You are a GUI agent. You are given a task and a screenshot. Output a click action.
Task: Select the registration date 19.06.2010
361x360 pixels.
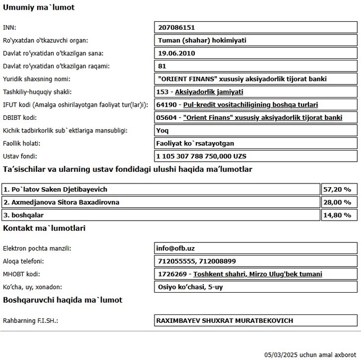(x=177, y=54)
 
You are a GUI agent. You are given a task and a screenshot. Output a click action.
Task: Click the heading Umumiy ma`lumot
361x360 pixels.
(x=39, y=7)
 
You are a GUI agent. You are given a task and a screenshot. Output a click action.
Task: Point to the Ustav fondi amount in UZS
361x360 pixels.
(x=202, y=156)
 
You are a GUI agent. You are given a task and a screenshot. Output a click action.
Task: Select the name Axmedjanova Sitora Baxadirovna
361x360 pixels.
(x=61, y=202)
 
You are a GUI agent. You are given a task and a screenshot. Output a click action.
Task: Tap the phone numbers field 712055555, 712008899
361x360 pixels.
(x=197, y=261)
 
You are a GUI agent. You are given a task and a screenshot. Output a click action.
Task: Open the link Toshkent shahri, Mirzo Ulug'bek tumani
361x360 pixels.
(x=257, y=274)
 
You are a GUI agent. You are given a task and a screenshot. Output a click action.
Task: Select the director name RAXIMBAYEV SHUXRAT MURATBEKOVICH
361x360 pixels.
(x=224, y=321)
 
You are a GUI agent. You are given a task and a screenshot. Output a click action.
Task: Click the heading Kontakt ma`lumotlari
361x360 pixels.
(x=44, y=229)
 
